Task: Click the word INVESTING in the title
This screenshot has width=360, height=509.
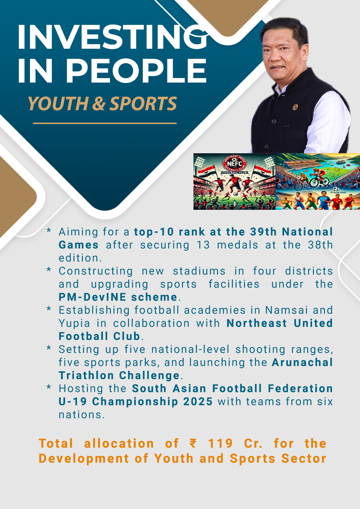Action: [x=113, y=37]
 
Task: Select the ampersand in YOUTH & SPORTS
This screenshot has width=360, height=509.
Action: [x=99, y=103]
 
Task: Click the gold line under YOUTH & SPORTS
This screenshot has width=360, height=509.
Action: [x=105, y=123]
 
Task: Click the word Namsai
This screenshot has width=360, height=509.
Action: [x=286, y=310]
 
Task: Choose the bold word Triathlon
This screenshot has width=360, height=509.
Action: [x=86, y=376]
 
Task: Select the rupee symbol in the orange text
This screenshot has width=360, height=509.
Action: [x=193, y=443]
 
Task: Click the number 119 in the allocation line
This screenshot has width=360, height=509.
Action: [x=220, y=443]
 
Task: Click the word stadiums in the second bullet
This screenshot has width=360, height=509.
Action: [x=199, y=271]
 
